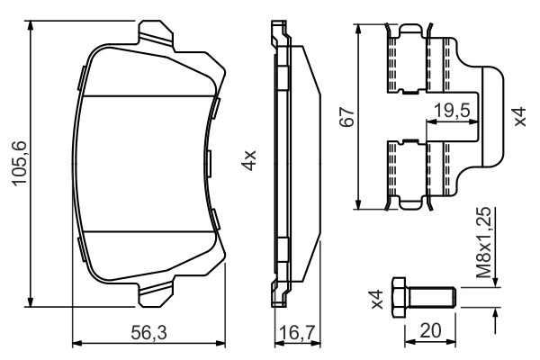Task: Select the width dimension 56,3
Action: pos(148,333)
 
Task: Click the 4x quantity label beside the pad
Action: pos(251,162)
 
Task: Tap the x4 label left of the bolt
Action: pos(378,297)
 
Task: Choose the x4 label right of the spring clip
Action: pos(519,117)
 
